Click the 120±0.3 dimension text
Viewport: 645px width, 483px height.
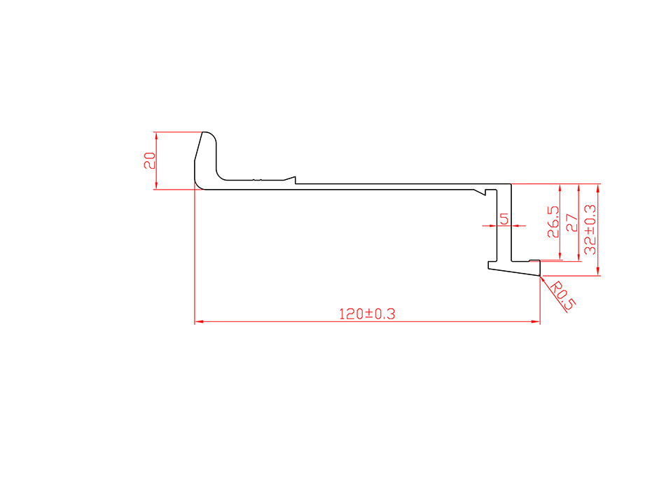click(367, 314)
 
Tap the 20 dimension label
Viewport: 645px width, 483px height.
click(150, 160)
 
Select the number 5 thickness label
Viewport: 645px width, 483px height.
click(504, 219)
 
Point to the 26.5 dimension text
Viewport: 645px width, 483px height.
click(553, 222)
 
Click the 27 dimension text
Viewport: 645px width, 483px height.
click(571, 223)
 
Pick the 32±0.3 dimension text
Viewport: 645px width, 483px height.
click(590, 230)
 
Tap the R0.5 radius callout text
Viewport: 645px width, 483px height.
click(562, 295)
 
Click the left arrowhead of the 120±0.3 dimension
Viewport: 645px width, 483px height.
click(199, 321)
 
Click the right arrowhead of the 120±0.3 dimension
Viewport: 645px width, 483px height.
click(536, 321)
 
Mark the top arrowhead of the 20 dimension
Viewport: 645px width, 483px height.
click(156, 136)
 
